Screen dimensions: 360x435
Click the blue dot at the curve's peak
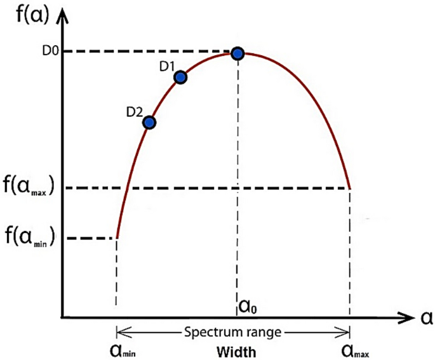tap(238, 53)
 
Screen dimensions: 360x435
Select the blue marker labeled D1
tap(180, 77)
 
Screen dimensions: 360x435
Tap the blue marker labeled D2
tap(150, 122)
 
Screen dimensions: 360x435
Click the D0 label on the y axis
tap(51, 50)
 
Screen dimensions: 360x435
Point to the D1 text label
tap(167, 65)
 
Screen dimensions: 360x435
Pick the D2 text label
tap(134, 112)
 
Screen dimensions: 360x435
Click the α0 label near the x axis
tap(248, 307)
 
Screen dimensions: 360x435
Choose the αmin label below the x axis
tap(123, 351)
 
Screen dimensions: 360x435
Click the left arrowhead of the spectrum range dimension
tap(120, 331)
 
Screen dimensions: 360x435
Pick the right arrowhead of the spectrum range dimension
tap(345, 331)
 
